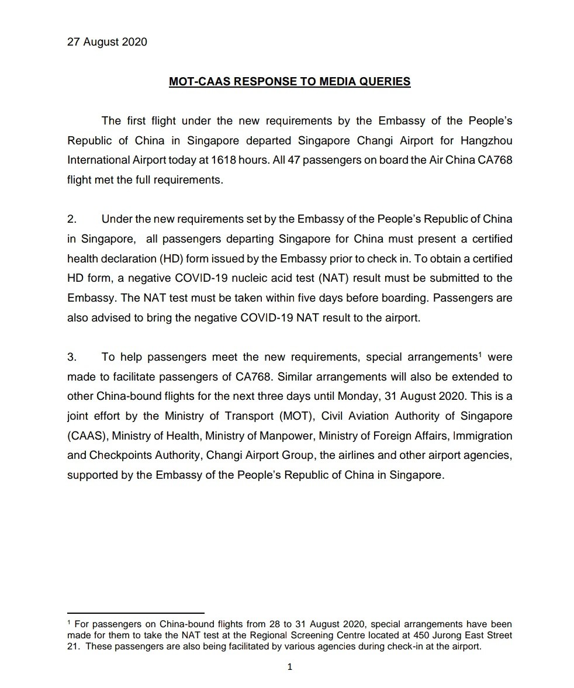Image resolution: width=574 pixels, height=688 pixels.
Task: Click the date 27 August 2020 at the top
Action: pos(107,42)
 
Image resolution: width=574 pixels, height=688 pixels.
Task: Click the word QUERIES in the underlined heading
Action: pos(386,82)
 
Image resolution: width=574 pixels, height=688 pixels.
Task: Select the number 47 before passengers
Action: pos(295,160)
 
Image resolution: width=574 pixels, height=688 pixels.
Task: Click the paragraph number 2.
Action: pos(72,219)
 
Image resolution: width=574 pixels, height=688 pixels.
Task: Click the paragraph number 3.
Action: pos(72,357)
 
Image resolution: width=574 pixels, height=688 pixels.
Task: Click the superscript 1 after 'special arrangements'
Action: pos(480,354)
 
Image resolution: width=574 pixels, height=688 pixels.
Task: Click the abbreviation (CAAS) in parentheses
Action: pos(87,436)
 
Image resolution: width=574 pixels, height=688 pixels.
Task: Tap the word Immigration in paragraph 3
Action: pos(483,436)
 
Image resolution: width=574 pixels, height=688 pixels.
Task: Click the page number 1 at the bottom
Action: pos(289,667)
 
